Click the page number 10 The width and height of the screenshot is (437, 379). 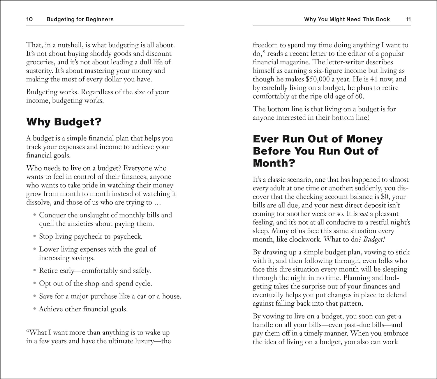[x=29, y=20]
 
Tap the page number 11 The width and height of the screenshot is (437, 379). [x=408, y=20]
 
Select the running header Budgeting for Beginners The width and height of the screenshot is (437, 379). [x=80, y=20]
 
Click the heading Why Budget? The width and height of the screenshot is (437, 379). [x=64, y=122]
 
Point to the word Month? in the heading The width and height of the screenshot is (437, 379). [x=274, y=163]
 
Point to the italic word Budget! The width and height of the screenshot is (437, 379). [x=374, y=240]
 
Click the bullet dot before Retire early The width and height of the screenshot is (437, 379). [x=35, y=271]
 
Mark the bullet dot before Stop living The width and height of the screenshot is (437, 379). [x=35, y=236]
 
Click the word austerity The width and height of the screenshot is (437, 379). [x=39, y=71]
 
